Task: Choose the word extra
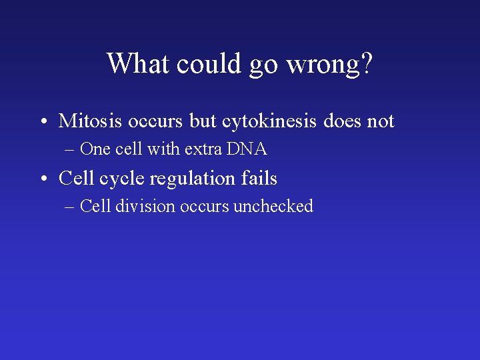203,149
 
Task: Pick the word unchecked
273,207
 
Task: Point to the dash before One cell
70,150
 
